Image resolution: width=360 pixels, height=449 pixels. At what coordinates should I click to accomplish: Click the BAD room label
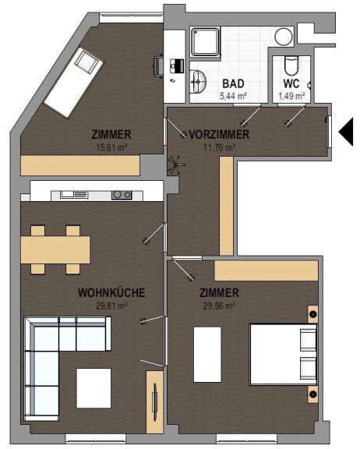pos(233,83)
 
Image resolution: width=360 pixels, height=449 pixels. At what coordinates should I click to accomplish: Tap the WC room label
pos(291,83)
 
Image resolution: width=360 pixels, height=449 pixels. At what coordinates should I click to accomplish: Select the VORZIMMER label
pos(219,134)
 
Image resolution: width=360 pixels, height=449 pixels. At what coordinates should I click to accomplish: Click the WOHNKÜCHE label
pos(111,292)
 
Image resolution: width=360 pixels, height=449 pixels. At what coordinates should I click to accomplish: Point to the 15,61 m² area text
pos(112,148)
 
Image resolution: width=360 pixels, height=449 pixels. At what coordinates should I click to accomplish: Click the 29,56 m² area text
pos(219,306)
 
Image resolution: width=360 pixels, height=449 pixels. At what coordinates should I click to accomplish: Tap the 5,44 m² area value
pos(233,96)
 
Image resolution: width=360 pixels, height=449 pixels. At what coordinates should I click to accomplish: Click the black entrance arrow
pos(346,133)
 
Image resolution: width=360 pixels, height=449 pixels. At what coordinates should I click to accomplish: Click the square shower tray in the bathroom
pos(205,41)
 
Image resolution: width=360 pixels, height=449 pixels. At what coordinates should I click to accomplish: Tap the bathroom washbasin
pos(198,82)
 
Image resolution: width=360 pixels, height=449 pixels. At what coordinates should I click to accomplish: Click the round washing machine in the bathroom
pos(284,37)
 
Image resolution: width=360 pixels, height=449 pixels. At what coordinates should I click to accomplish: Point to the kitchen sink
pos(74,194)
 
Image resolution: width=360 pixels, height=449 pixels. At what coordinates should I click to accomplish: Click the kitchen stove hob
pos(122,195)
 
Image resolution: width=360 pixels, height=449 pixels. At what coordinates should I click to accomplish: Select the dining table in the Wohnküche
pos(55,249)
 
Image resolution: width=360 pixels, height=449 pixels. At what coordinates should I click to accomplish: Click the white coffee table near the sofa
pos(94,388)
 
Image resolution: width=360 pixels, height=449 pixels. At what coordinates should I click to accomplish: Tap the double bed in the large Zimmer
pos(284,354)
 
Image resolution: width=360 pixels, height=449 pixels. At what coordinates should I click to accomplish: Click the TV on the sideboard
pos(155,402)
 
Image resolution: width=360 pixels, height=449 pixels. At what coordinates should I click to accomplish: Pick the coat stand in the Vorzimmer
pos(175,165)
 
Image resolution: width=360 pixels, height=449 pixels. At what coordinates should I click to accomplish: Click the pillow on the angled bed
pos(85,62)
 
